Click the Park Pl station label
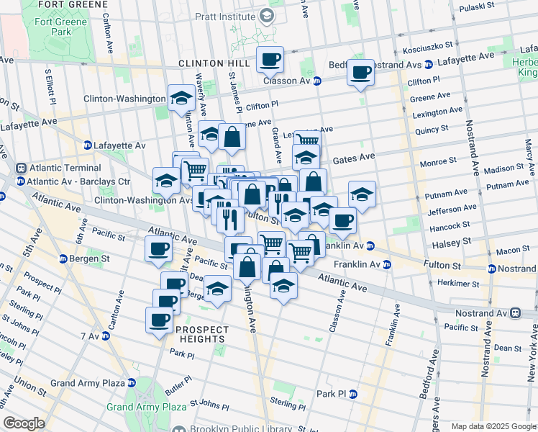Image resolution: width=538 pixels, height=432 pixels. (x=337, y=395)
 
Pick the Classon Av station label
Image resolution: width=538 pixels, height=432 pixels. (x=291, y=81)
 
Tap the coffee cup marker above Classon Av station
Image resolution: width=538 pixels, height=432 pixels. (x=270, y=60)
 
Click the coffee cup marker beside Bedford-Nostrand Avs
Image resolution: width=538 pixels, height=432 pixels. (x=360, y=73)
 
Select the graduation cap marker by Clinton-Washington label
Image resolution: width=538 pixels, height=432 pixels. (x=181, y=97)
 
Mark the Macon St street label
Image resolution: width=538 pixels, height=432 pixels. (x=512, y=250)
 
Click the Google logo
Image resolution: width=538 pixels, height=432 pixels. (x=24, y=423)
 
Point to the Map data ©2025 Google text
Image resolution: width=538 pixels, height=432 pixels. (x=493, y=426)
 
